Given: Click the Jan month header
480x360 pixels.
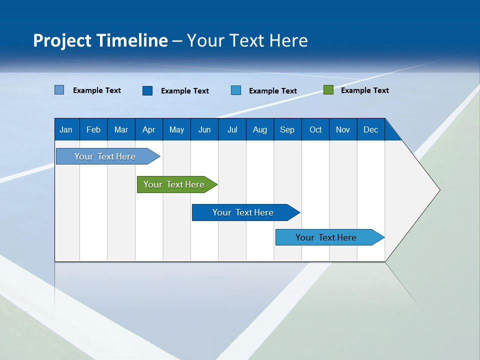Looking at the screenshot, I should (x=66, y=130).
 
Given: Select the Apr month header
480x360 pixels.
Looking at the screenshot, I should (x=148, y=130).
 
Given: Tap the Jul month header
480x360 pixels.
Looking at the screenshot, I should (x=232, y=130).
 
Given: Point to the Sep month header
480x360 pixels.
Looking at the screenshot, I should (x=287, y=130).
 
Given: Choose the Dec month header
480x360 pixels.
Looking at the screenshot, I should (x=370, y=130).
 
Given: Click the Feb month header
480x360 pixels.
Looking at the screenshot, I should (x=93, y=130).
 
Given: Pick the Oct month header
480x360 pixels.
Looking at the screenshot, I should (x=315, y=130).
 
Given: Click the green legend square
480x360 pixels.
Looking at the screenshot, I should (x=328, y=90).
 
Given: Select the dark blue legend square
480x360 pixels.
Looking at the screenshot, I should (x=147, y=90).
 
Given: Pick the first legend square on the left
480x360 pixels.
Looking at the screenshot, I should (x=59, y=90).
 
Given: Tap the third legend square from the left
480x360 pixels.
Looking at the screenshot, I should (x=236, y=90).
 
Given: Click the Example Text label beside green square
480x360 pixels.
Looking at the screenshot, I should (x=364, y=90).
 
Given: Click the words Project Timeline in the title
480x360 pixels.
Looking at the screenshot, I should (x=100, y=40).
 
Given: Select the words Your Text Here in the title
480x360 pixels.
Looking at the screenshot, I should (x=247, y=40).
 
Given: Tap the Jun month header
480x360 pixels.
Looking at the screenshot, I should (x=204, y=130).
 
